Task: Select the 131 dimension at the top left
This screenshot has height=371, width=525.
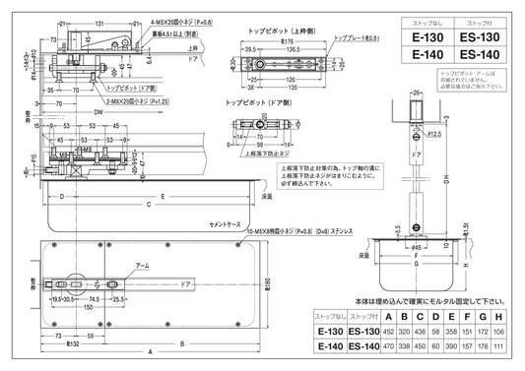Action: pos(100,20)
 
